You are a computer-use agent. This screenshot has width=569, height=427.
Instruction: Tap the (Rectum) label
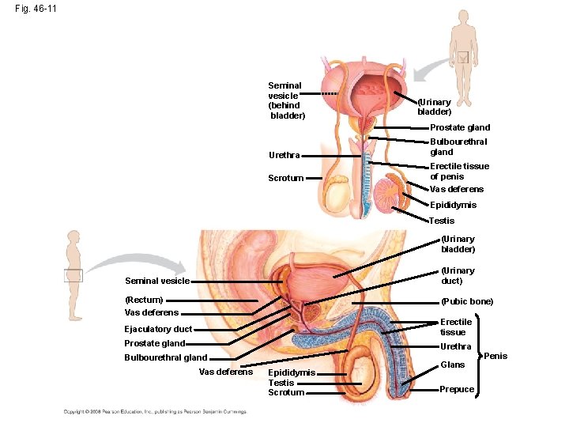pyautogui.click(x=144, y=300)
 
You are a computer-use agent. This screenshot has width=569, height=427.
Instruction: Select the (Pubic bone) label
pyautogui.click(x=467, y=301)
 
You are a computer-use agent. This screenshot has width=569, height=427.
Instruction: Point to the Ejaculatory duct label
pyautogui.click(x=158, y=329)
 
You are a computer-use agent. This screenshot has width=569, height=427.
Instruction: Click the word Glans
pyautogui.click(x=452, y=365)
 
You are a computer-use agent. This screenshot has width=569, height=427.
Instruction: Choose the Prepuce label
pyautogui.click(x=457, y=389)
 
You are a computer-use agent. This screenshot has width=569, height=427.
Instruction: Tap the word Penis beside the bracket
pyautogui.click(x=496, y=356)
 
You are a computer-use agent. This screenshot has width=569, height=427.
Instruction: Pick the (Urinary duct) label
pyautogui.click(x=458, y=275)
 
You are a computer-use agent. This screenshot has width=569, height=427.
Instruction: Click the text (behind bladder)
pyautogui.click(x=286, y=110)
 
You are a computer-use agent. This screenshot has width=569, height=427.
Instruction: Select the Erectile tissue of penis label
pyautogui.click(x=459, y=171)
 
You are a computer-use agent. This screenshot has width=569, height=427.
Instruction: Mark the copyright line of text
pyautogui.click(x=156, y=411)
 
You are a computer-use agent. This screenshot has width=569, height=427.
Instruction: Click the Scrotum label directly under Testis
pyautogui.click(x=286, y=393)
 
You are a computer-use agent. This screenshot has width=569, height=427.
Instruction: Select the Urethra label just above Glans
pyautogui.click(x=455, y=346)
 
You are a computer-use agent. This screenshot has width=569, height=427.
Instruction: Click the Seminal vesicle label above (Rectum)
pyautogui.click(x=157, y=281)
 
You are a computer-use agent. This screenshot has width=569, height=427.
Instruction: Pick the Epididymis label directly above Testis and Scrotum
pyautogui.click(x=292, y=372)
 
